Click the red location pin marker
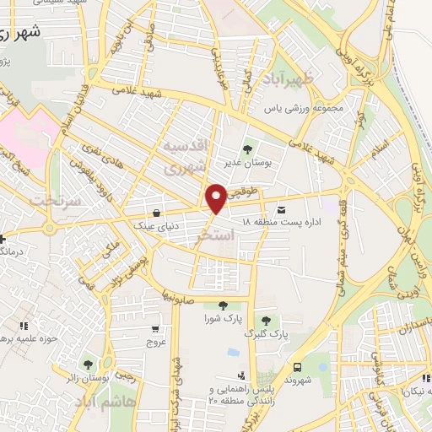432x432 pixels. point(216,198)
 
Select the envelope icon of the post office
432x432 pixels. point(281,209)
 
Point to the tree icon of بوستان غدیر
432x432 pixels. point(247,150)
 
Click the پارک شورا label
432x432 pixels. point(221,319)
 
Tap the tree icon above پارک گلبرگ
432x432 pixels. point(267,321)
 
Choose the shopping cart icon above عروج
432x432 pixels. point(155,329)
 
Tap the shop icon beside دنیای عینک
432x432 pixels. point(157,213)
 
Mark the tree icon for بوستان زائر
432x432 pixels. point(109,364)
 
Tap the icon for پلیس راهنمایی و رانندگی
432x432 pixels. point(243,375)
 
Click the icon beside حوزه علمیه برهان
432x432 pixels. point(24,326)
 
